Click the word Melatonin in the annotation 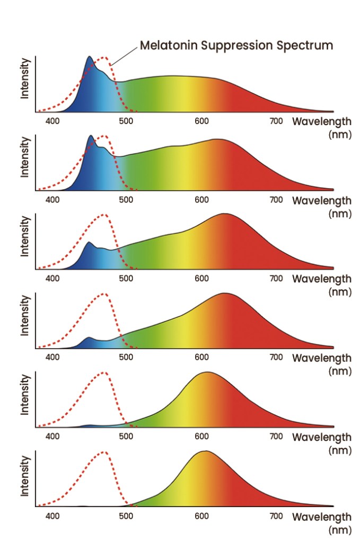(x=167, y=45)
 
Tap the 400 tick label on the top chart (x=52, y=121)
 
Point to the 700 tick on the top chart (x=276, y=121)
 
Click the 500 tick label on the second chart (x=126, y=200)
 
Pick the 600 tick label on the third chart (x=201, y=278)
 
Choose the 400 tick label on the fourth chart (x=52, y=357)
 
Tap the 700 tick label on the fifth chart (x=276, y=437)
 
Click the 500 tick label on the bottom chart (x=126, y=516)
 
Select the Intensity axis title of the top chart (x=25, y=78)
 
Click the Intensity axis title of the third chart (x=25, y=236)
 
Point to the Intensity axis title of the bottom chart (x=25, y=473)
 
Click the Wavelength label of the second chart (x=321, y=201)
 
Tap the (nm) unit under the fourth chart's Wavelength (x=340, y=370)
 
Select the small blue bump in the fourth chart (x=89, y=337)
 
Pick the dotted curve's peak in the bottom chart (x=104, y=452)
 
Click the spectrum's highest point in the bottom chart (x=205, y=451)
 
